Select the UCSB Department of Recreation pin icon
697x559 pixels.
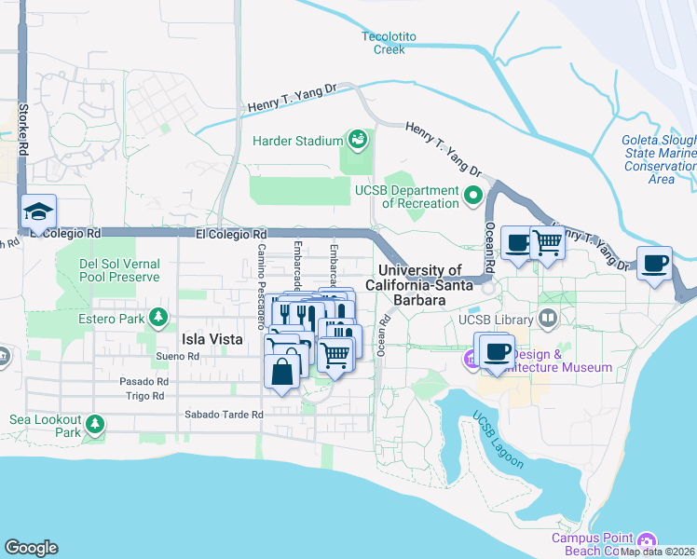pos(473,197)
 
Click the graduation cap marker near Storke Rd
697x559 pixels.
pos(38,212)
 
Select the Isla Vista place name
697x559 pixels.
pos(212,340)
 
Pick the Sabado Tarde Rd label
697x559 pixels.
pos(223,415)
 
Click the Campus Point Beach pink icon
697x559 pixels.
pos(648,541)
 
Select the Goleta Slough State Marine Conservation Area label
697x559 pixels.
pos(659,159)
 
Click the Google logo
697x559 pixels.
pos(31,548)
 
